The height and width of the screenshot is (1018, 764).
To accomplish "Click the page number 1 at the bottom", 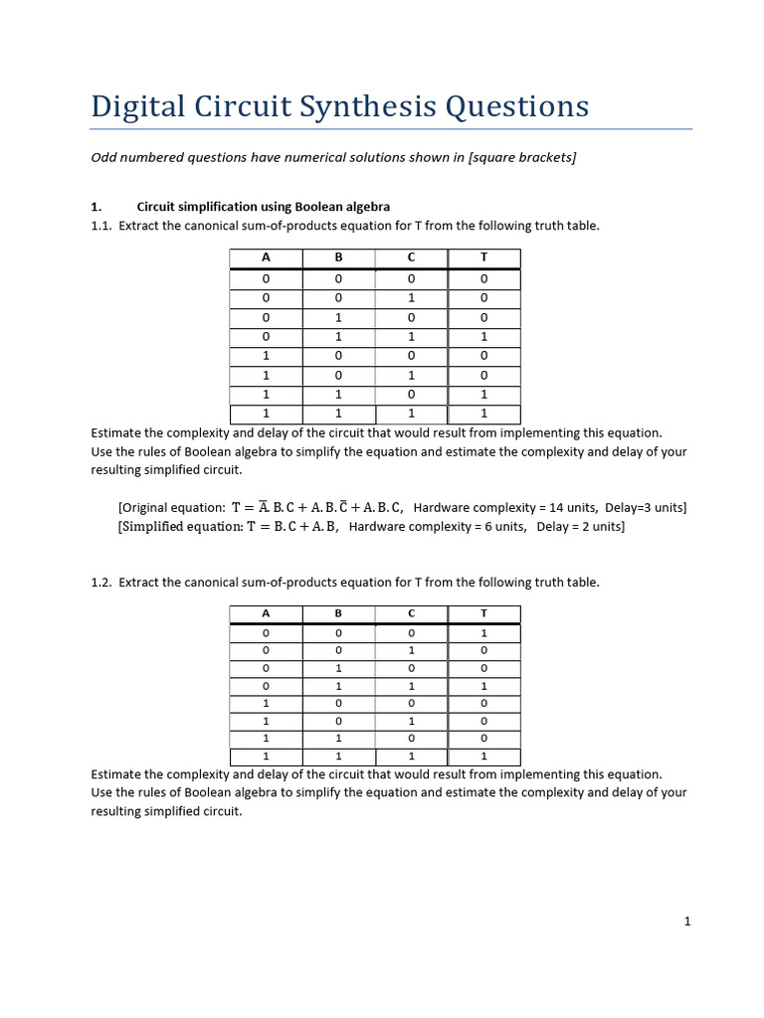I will point(686,922).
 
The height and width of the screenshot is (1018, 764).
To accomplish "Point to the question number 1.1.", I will point(101,226).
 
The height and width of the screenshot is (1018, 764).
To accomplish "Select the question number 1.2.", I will point(101,582).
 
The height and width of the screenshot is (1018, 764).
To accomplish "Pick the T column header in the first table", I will point(483,257).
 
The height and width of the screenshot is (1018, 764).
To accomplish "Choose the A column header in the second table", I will point(266,614).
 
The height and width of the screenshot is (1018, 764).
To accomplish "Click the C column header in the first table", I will point(411,257).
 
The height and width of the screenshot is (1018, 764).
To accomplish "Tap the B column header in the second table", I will point(338,614).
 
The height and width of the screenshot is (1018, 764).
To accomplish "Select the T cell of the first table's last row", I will point(483,415).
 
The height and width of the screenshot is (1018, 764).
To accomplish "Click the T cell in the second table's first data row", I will point(483,632).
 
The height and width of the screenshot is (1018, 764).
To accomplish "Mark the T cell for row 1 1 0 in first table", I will point(483,395).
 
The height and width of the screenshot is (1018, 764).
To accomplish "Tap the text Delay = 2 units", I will point(580,527).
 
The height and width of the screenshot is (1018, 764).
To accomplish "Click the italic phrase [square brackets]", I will point(521,158).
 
